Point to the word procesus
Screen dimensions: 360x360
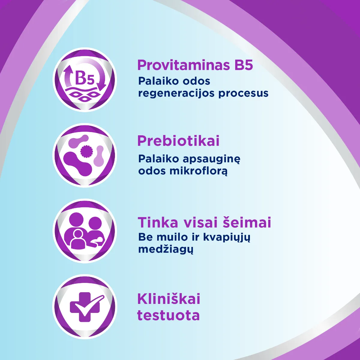[x=243, y=93]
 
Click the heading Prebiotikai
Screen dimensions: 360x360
[x=178, y=141]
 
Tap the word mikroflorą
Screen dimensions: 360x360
[x=198, y=171]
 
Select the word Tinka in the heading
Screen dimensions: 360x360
[x=157, y=223]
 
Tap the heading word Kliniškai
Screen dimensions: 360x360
[x=169, y=299]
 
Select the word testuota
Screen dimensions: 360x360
[x=168, y=316]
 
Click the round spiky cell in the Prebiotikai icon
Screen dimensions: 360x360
[x=87, y=151]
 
